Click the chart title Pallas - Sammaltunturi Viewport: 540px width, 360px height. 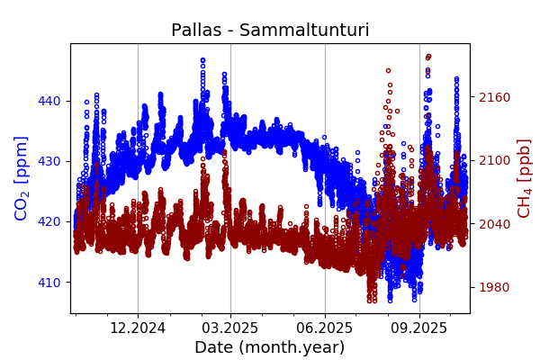coord(270,31)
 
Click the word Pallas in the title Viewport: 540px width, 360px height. coord(198,31)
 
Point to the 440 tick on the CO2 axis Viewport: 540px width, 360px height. coord(49,101)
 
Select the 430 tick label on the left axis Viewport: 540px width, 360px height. coord(49,161)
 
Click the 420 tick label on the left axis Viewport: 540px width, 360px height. coord(49,221)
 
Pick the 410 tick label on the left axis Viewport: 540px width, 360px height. coord(49,282)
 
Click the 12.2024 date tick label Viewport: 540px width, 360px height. coord(138,328)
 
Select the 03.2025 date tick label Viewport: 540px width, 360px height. coord(230,328)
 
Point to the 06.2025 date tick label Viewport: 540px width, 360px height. coord(325,328)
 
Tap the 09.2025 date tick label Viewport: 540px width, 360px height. coord(419,328)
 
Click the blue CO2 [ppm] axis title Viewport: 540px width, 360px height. coord(22,177)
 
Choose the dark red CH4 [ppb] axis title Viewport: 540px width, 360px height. coord(525,177)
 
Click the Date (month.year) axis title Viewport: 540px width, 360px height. coord(270,347)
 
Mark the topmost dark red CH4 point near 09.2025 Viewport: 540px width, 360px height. coord(428,56)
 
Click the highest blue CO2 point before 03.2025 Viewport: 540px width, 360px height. coord(202,60)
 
